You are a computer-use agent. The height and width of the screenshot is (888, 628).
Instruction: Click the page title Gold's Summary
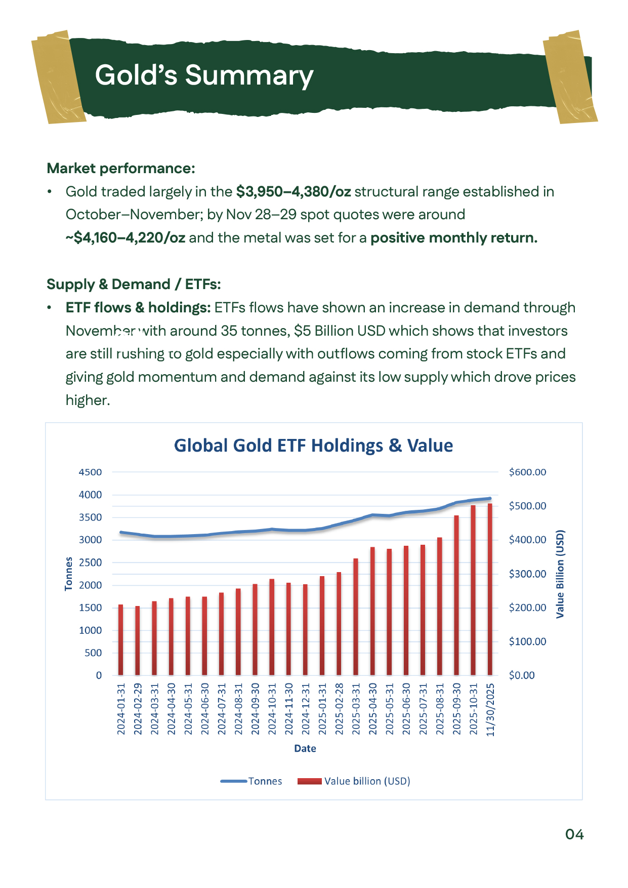(x=204, y=75)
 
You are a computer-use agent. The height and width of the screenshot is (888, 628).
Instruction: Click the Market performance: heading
(x=120, y=168)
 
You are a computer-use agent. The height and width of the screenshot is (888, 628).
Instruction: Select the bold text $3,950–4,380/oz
(x=293, y=192)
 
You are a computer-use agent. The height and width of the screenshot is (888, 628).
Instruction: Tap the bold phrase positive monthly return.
(x=453, y=238)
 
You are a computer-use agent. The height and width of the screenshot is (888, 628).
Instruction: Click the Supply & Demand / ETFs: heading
(x=134, y=284)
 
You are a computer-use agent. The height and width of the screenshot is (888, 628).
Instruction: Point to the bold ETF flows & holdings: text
(x=138, y=307)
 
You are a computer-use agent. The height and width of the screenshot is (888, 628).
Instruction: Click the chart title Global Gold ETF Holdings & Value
(x=313, y=446)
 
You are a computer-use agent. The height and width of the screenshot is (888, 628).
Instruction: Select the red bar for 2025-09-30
(x=456, y=595)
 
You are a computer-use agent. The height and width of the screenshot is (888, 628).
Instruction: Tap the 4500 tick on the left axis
(x=90, y=472)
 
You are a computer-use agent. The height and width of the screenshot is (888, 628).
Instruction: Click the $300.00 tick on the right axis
(x=527, y=574)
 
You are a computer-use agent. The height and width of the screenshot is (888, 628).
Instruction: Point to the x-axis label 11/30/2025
(x=490, y=709)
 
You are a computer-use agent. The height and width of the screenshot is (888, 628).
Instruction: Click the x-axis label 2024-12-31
(x=306, y=709)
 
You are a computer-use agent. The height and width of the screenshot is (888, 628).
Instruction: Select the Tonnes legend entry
(x=252, y=781)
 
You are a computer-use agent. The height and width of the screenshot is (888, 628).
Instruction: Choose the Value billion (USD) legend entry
(x=354, y=781)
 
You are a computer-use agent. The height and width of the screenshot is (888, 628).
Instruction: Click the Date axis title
(x=305, y=748)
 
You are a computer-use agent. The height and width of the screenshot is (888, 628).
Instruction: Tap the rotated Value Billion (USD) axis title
(x=560, y=574)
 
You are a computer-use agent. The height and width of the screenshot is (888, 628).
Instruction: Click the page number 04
(x=574, y=834)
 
